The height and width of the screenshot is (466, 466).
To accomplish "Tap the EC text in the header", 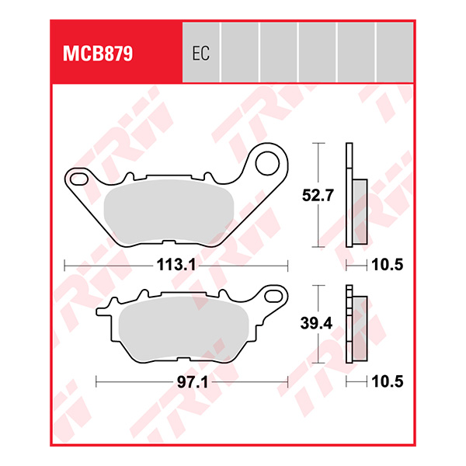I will [200, 55].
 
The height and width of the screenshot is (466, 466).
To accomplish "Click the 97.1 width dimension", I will [191, 381].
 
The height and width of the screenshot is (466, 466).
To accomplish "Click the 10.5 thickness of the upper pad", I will [386, 265].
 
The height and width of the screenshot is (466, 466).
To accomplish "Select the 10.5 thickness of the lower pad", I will [386, 381].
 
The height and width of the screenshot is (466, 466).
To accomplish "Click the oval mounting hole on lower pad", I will [274, 294].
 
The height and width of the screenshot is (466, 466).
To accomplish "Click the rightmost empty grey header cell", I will [395, 51].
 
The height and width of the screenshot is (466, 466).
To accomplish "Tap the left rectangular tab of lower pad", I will [103, 314].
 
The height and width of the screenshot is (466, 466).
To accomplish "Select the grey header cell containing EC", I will [200, 51].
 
